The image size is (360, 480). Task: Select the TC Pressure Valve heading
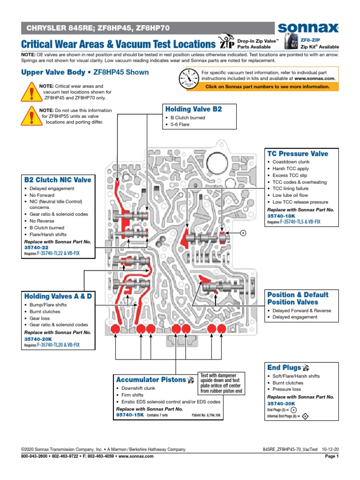tap(298, 154)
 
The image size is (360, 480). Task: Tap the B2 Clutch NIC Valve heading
tap(58, 180)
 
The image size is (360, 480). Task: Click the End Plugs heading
tap(284, 367)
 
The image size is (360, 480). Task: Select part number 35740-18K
tap(281, 217)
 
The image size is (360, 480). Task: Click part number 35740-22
tap(36, 248)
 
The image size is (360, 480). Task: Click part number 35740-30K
tap(281, 404)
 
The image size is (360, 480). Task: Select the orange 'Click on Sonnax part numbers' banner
tap(268, 87)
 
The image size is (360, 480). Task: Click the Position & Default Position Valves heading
tap(298, 299)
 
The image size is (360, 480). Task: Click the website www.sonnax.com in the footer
tap(131, 456)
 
